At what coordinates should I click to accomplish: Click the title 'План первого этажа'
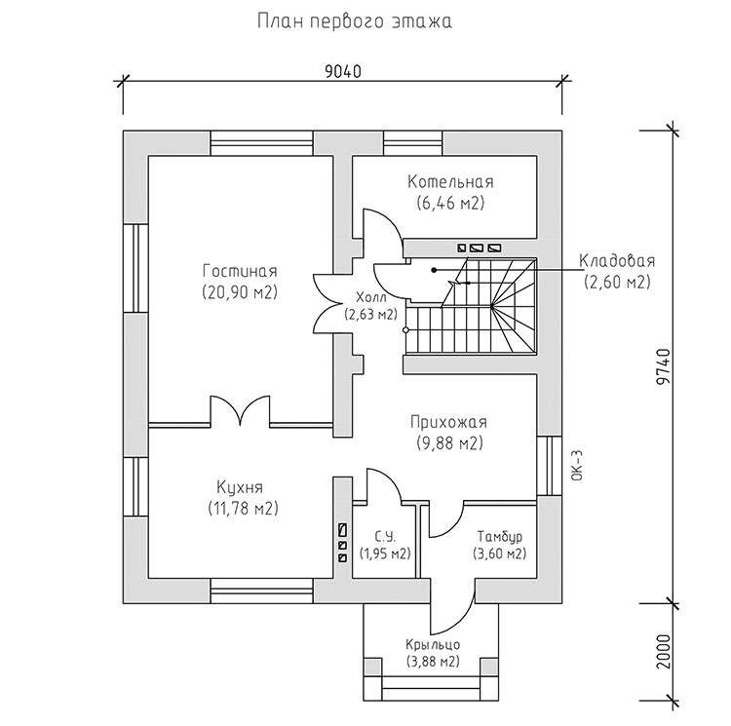[x=355, y=21]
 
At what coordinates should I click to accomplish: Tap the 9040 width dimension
[x=343, y=72]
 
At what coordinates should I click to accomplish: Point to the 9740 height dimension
[x=664, y=366]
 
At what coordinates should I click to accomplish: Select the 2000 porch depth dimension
[x=664, y=651]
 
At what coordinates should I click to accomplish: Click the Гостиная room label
[x=240, y=271]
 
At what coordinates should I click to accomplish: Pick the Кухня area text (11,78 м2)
[x=243, y=508]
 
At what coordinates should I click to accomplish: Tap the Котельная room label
[x=450, y=181]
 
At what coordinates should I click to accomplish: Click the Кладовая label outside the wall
[x=617, y=261]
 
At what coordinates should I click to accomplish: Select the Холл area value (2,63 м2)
[x=371, y=315]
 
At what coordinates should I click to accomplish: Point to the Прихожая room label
[x=449, y=422]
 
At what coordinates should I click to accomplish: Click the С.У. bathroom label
[x=385, y=537]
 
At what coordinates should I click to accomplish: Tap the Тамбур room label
[x=500, y=536]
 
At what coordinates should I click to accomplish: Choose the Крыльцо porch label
[x=433, y=644]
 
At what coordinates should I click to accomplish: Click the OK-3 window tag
[x=577, y=466]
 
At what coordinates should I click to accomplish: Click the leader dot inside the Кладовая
[x=434, y=270]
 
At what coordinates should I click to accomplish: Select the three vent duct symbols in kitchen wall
[x=343, y=544]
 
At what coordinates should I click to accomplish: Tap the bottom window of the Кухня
[x=261, y=592]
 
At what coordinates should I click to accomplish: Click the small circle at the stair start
[x=405, y=330]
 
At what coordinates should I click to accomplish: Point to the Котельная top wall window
[x=413, y=143]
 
